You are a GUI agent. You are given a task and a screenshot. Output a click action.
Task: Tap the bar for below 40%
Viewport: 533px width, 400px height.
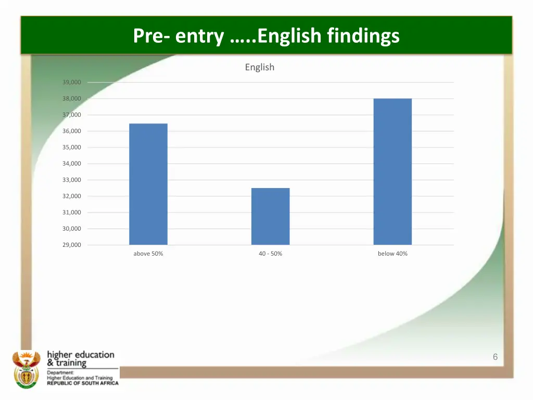[x=392, y=171]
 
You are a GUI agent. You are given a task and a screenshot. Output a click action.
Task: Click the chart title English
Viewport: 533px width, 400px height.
[x=259, y=67]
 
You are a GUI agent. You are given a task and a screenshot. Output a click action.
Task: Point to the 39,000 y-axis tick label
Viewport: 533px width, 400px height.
[x=72, y=82]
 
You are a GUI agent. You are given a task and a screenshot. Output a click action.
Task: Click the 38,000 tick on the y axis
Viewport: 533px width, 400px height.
[x=72, y=98]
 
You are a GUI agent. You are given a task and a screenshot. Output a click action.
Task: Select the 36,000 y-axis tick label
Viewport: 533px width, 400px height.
[x=72, y=131]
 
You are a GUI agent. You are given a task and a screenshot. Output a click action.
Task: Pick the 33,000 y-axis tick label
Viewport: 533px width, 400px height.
[x=72, y=180]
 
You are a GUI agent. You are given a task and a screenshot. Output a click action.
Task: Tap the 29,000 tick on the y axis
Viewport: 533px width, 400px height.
[x=72, y=245]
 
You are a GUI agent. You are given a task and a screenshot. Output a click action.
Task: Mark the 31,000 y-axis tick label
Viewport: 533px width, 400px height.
[x=72, y=213]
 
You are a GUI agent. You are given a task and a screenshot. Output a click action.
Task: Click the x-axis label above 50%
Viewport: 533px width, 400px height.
[x=148, y=254]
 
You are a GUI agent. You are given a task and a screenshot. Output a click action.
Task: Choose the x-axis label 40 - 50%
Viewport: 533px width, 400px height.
[x=270, y=254]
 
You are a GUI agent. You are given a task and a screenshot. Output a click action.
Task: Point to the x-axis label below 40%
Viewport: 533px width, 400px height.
[x=392, y=254]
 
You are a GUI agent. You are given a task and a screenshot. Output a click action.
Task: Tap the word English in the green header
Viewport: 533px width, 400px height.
[x=289, y=36]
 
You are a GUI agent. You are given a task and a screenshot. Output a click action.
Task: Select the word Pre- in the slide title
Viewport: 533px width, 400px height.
[x=150, y=36]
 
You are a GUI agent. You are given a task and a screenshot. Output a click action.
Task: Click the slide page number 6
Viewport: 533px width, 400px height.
[x=495, y=357]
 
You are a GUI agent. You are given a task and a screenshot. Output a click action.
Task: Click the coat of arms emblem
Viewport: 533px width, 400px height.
[x=26, y=369]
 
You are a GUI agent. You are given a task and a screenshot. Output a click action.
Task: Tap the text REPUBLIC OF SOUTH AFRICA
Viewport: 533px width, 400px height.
[x=83, y=383]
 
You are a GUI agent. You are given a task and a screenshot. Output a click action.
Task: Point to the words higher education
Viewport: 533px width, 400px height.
[x=81, y=355]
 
